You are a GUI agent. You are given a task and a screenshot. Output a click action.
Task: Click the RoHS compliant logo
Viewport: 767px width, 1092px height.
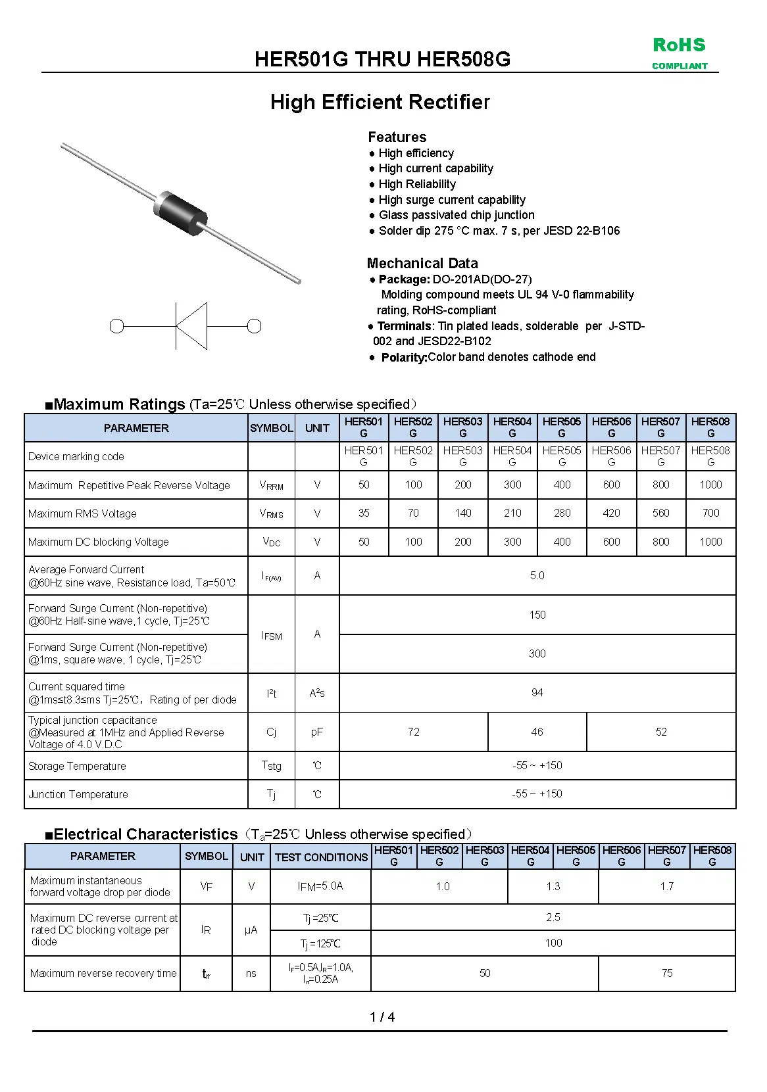(x=680, y=53)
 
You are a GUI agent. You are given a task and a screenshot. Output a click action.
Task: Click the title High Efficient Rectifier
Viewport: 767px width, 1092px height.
(x=380, y=102)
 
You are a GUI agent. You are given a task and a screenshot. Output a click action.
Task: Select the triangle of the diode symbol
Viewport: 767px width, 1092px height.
(x=193, y=325)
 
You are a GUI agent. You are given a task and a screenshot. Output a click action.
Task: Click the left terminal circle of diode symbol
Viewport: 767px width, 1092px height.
(x=117, y=326)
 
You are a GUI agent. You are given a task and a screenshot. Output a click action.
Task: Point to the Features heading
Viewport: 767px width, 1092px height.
(x=397, y=137)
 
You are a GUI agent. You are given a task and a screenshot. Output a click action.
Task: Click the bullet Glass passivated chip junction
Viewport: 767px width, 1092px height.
(x=456, y=215)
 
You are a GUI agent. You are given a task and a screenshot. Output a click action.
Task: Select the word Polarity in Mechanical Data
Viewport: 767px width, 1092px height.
(x=403, y=357)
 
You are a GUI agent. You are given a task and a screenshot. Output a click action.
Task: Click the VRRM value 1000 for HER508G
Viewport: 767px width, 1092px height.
(x=710, y=485)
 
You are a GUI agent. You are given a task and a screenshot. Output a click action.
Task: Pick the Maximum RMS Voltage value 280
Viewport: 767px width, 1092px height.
(x=562, y=513)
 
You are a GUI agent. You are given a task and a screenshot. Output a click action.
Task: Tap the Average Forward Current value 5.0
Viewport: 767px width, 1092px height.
(x=537, y=575)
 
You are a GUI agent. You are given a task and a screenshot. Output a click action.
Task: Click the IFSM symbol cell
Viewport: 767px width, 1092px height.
(x=271, y=635)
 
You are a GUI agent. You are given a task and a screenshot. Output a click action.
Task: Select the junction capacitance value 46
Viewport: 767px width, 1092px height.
(x=537, y=732)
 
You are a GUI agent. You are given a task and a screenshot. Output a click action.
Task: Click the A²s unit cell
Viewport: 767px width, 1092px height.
(x=317, y=693)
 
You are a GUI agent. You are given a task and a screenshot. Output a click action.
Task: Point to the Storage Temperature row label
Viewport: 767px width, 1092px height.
(x=77, y=766)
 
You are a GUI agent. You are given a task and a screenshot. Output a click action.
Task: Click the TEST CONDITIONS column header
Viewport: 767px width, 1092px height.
(x=321, y=857)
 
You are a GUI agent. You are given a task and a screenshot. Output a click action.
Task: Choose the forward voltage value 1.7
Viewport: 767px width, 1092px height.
(x=666, y=886)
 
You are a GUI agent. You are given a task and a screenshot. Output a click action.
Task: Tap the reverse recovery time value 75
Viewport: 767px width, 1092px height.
(x=666, y=973)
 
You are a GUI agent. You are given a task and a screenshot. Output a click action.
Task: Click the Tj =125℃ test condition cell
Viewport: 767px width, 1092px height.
(x=320, y=943)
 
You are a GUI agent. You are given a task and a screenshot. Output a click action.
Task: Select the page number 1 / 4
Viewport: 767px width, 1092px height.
(x=382, y=1017)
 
